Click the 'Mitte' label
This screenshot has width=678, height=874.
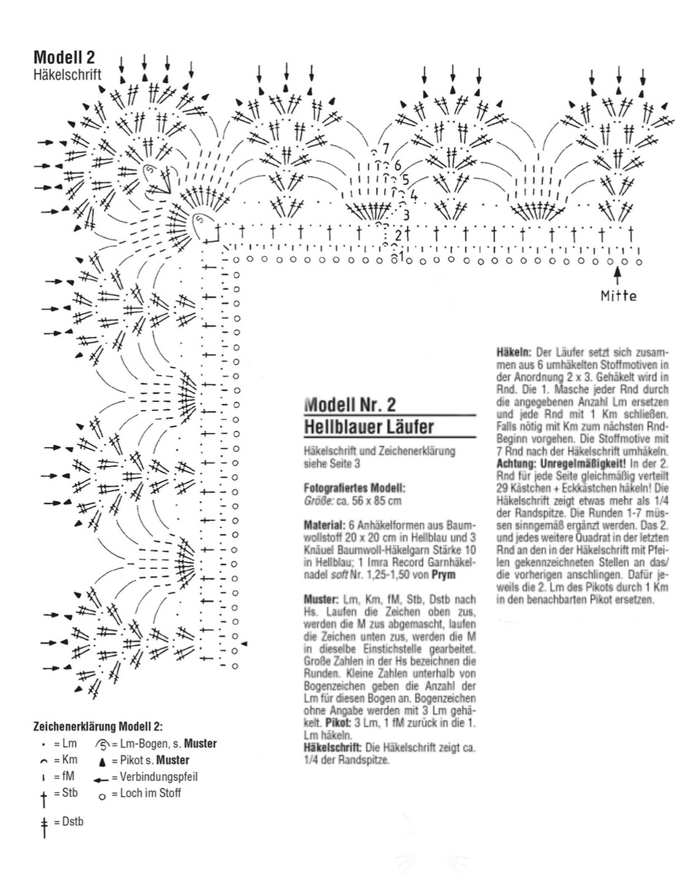tap(618, 296)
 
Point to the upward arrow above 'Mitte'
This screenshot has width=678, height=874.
tap(618, 276)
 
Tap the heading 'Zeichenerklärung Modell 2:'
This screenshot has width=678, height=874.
tap(98, 726)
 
